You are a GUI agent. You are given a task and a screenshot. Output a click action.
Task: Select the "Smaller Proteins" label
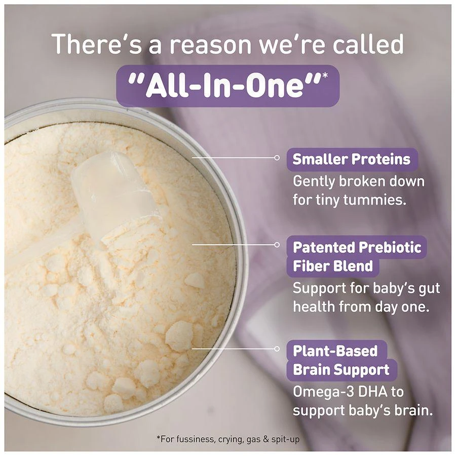(352, 159)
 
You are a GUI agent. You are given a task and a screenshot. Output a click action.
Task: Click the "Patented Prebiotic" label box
(357, 247)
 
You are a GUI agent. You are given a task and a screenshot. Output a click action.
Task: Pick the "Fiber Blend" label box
(333, 266)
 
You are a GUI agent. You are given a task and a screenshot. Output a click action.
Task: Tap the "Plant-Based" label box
(335, 351)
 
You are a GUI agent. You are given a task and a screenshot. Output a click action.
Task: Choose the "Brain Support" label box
(341, 370)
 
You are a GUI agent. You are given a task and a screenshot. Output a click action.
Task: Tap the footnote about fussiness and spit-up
(227, 439)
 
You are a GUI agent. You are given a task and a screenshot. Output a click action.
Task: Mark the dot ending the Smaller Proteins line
(277, 158)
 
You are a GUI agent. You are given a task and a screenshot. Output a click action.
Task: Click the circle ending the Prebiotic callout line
(277, 245)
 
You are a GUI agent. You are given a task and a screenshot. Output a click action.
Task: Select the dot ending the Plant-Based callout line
(277, 349)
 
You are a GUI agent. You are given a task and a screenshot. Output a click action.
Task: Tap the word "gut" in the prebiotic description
(429, 289)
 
